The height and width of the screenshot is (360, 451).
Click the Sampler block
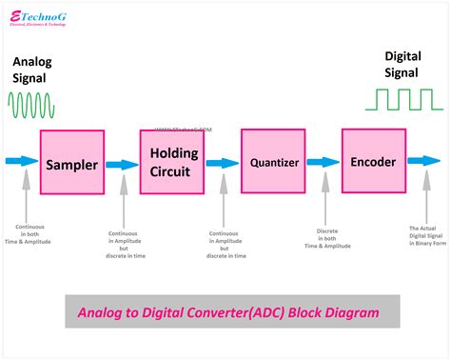click(72, 164)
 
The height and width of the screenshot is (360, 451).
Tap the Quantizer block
click(276, 163)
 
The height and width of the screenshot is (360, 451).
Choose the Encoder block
click(373, 162)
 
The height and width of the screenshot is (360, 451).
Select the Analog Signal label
click(34, 71)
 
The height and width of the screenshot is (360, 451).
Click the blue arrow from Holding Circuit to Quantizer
click(223, 163)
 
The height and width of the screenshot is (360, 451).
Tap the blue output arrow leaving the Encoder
click(424, 162)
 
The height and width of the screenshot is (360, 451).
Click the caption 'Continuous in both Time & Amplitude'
click(32, 234)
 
